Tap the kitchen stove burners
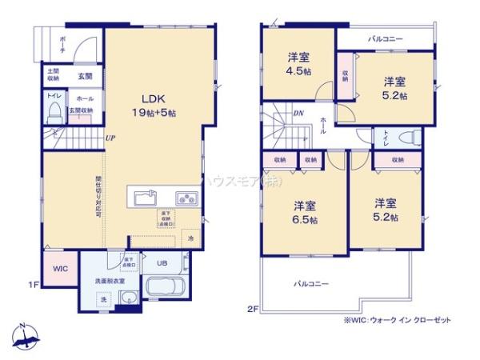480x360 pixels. [186, 197]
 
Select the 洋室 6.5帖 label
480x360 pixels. [304, 210]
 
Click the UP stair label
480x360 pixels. [109, 138]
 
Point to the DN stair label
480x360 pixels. [298, 114]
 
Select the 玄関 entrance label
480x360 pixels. [85, 76]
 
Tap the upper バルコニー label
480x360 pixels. [386, 38]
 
